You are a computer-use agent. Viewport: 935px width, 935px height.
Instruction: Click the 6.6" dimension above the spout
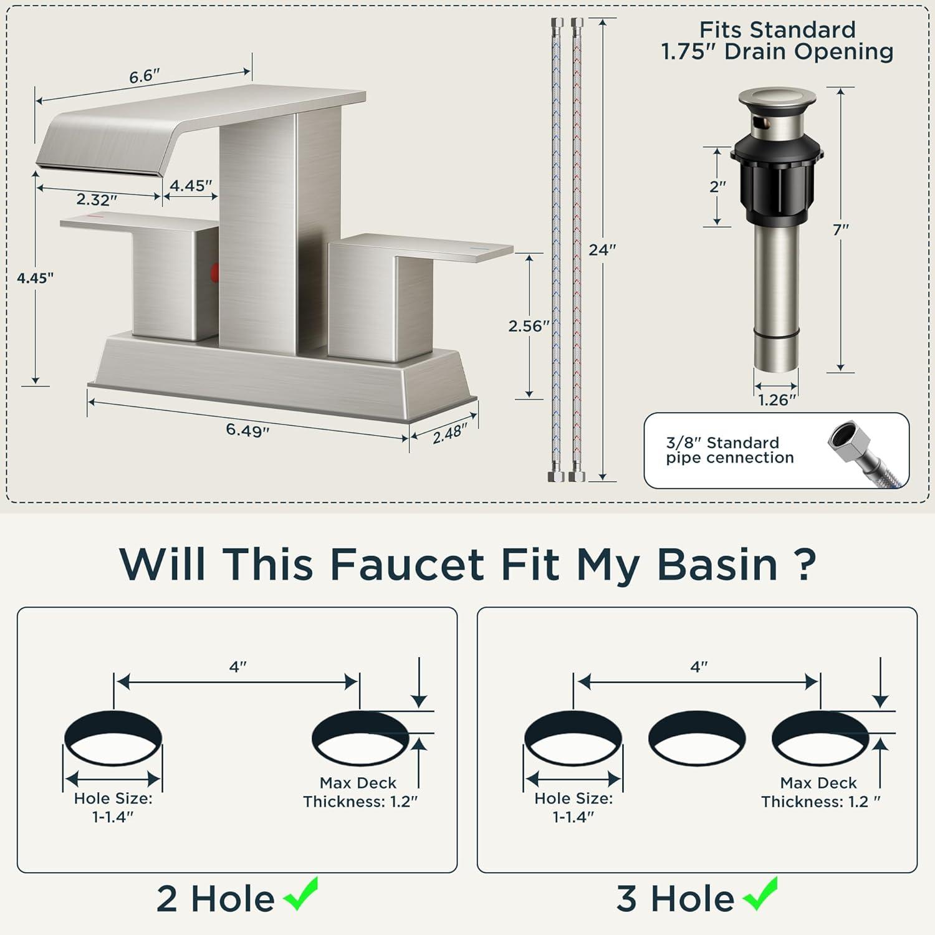145,76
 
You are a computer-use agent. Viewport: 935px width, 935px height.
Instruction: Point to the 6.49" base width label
247,430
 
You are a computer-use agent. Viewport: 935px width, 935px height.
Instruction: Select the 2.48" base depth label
450,433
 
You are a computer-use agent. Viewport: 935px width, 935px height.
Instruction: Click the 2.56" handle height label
529,325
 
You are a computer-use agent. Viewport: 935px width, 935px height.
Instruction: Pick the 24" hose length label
603,250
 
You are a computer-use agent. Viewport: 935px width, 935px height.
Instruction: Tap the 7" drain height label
841,230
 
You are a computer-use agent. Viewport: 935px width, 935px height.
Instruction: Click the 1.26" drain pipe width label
777,400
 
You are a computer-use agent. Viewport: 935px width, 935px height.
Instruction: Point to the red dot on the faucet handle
215,272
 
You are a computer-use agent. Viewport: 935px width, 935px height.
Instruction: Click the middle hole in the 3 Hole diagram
697,739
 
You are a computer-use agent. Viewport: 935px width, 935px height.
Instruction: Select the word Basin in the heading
717,564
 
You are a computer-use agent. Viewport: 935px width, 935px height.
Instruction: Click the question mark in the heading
807,564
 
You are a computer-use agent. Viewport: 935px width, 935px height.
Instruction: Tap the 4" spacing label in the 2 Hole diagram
238,667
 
